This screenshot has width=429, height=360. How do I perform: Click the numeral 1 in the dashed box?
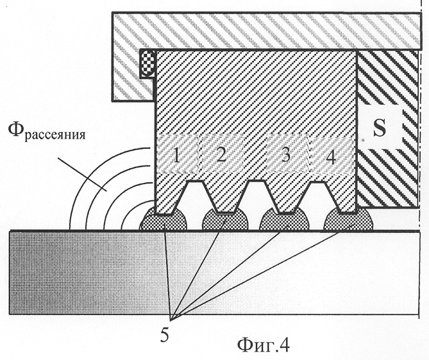(x=176, y=157)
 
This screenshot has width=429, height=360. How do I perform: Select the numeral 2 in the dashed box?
(x=221, y=155)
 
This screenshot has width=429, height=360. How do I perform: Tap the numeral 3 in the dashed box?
(x=286, y=155)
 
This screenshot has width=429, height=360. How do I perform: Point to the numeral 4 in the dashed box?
(x=331, y=157)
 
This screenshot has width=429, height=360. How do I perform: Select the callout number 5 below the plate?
(x=165, y=334)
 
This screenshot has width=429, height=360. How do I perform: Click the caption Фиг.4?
(x=264, y=345)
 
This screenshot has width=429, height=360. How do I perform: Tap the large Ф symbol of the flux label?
(x=16, y=130)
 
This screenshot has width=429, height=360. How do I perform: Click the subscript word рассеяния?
(x=55, y=135)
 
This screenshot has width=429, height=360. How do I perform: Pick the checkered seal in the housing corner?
(x=147, y=64)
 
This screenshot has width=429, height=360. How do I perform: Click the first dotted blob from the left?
(x=164, y=218)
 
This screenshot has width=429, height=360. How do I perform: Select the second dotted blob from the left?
(x=225, y=219)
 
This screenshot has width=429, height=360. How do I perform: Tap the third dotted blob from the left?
(x=285, y=219)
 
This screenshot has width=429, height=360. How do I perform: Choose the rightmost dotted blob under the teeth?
(x=348, y=218)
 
